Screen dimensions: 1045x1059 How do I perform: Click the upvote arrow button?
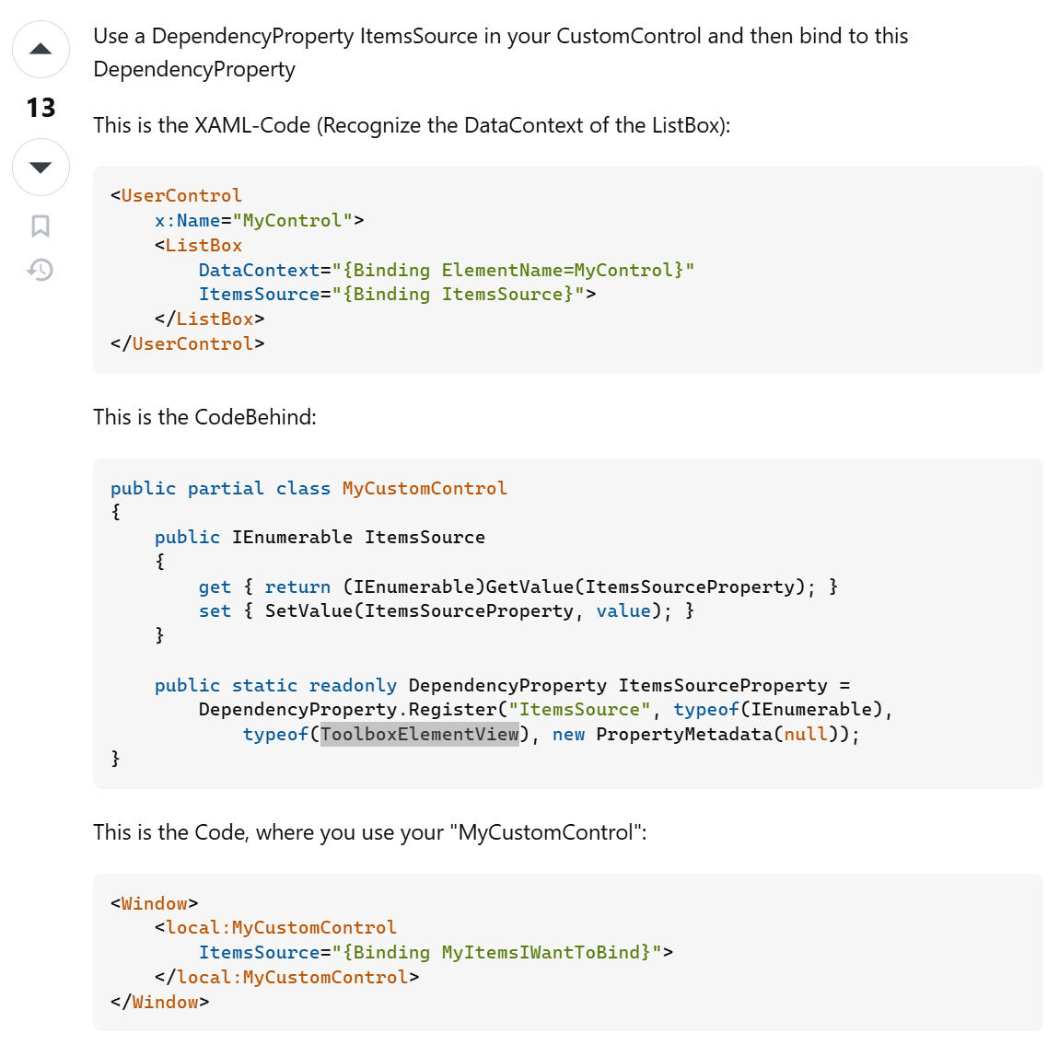(x=41, y=50)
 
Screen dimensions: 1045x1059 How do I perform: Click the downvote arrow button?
(x=41, y=167)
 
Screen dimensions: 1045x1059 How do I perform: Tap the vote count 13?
(x=41, y=109)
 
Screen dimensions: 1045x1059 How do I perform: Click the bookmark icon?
(x=41, y=226)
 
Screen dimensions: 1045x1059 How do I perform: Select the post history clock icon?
(x=41, y=270)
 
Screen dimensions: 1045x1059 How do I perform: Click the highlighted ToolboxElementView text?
(x=419, y=734)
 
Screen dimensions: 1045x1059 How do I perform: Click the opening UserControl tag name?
(x=181, y=196)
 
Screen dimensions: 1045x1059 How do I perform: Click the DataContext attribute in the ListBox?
(x=259, y=270)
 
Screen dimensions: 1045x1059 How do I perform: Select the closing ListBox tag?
(x=215, y=319)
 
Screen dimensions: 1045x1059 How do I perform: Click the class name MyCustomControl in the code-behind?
(x=425, y=489)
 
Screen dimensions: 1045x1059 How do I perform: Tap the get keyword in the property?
(x=215, y=587)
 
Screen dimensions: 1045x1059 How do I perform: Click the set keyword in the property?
(x=215, y=611)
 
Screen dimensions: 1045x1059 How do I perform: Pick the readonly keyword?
(x=353, y=686)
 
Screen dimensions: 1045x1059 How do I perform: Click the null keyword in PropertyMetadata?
(x=806, y=734)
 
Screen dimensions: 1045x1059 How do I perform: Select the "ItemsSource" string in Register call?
(x=579, y=710)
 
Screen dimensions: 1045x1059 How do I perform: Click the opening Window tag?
(x=154, y=904)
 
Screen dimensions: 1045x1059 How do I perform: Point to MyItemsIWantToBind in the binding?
(x=545, y=953)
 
